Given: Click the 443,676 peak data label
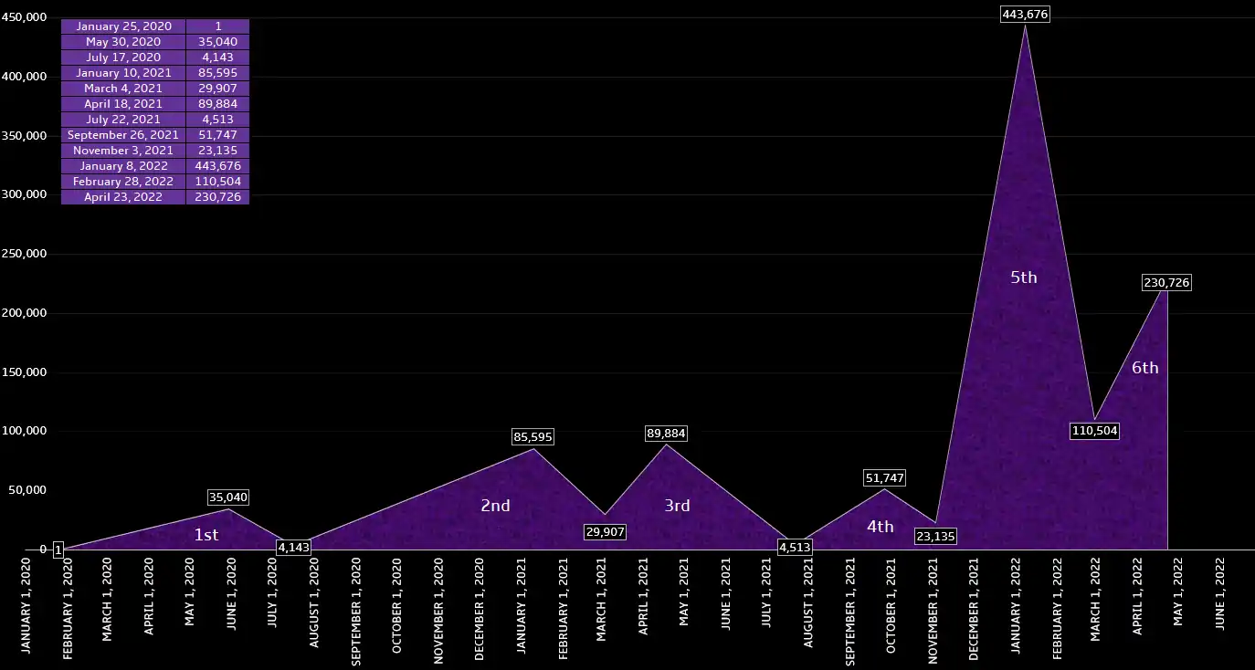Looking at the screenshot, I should [1026, 14].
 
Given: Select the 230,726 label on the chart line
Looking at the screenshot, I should [1166, 283].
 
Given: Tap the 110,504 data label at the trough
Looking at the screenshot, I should [1094, 431].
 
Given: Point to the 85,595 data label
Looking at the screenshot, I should [533, 437].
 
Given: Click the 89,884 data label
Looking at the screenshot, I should [665, 434].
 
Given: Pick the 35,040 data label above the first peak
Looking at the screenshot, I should [227, 497].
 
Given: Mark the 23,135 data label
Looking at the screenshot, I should [934, 537].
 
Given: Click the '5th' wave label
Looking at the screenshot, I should [1023, 277].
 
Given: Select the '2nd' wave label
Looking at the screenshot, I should [495, 506].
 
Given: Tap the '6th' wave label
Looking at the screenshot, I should [1144, 368].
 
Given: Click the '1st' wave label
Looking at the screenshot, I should [206, 535].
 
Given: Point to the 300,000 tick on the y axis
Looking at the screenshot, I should [24, 194].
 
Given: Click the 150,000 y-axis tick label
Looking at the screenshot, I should [24, 372].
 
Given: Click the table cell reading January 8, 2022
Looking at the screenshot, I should [123, 166].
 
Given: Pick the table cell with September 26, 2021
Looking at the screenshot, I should [123, 135].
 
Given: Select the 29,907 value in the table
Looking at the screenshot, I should [217, 89].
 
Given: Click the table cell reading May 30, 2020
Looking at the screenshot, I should [123, 42].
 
